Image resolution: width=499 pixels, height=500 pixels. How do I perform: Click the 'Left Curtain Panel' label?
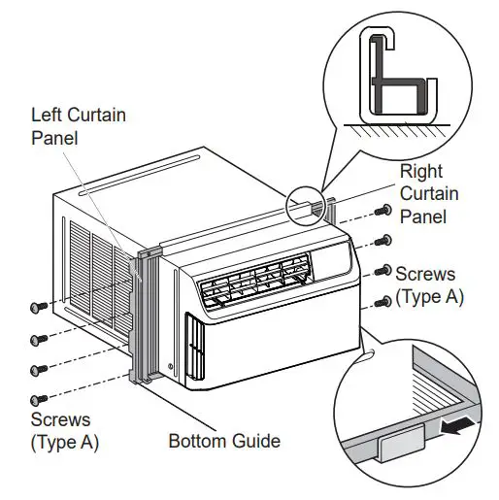(78, 125)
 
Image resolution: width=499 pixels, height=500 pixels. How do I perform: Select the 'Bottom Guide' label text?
(224, 441)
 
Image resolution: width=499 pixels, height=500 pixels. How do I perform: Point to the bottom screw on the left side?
(39, 398)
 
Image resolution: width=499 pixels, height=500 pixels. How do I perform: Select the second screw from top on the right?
(383, 240)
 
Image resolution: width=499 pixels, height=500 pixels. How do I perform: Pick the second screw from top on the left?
(39, 339)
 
